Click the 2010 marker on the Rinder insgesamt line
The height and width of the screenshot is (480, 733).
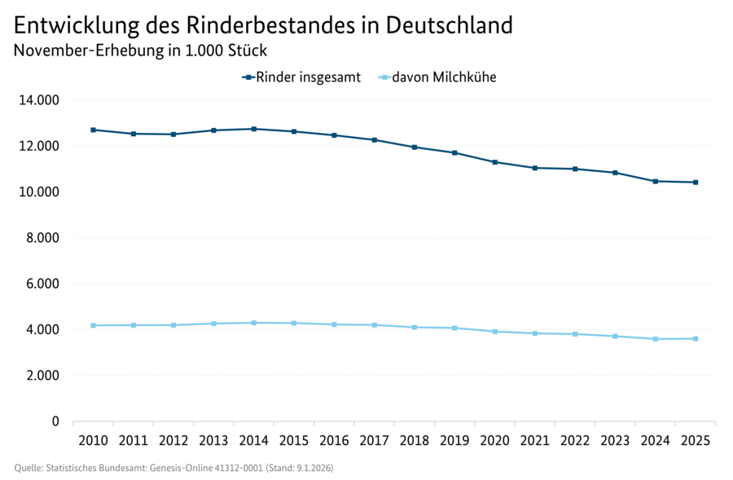coord(93,130)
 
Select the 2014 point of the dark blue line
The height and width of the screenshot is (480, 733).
coord(253,129)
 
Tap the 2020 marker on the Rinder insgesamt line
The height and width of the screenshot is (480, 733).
coord(494,162)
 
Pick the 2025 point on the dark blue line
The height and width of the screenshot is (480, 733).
coord(695,183)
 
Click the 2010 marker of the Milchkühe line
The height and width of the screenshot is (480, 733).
coord(93,325)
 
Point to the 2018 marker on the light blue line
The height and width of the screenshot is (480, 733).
coord(414,328)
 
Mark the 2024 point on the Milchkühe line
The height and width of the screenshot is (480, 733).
coord(655,339)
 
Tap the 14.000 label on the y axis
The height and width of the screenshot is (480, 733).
coord(38,100)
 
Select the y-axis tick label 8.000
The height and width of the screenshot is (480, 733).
coord(42,238)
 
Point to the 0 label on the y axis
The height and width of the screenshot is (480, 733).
coord(55,421)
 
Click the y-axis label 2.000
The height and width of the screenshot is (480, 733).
coord(42,376)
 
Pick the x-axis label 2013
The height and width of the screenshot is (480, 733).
coord(213,441)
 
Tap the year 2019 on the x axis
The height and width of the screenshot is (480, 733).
coord(454,441)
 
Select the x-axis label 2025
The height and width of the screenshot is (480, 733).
coord(695,441)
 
